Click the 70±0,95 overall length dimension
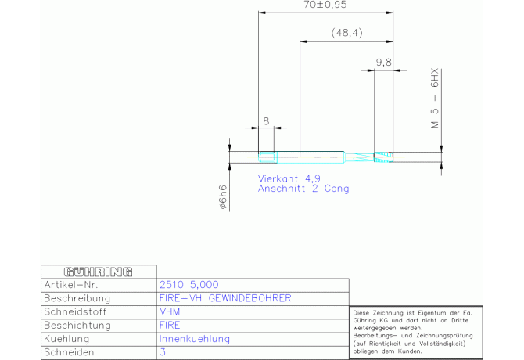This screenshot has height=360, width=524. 327,5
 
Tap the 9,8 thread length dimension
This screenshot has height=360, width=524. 383,61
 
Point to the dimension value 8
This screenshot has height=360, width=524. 266,121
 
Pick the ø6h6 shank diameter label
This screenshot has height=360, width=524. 223,197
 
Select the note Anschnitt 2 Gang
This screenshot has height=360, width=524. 303,189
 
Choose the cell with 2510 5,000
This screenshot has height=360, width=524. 188,285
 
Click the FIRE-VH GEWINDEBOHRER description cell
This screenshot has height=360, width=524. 224,298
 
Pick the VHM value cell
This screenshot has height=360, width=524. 169,311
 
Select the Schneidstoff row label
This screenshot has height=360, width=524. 76,311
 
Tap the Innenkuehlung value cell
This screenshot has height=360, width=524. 194,338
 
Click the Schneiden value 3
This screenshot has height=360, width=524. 162,352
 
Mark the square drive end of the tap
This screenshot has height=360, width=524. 267,156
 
